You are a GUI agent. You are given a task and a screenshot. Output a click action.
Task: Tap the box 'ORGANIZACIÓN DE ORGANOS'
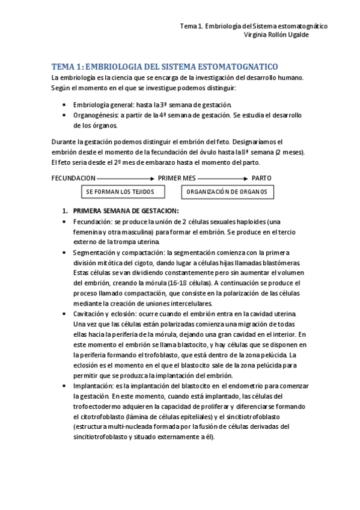(228, 191)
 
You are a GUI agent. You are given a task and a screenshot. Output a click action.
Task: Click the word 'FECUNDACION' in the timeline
(73, 179)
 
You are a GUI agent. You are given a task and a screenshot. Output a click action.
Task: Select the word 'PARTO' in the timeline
(261, 179)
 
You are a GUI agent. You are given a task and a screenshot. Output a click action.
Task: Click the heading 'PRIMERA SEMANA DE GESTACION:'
(126, 210)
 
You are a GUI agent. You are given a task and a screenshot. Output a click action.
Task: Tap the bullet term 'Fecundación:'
(93, 221)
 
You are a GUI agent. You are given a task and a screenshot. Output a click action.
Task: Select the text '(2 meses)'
(290, 152)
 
